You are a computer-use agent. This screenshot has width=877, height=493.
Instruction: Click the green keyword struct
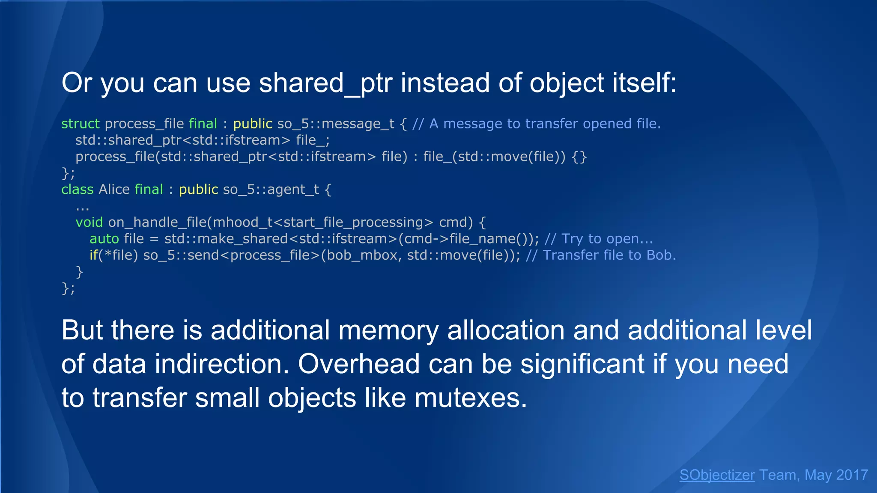pyautogui.click(x=80, y=124)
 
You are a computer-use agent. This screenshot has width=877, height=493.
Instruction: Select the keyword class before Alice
pyautogui.click(x=77, y=189)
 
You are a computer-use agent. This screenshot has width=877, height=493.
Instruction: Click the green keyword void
pyautogui.click(x=89, y=222)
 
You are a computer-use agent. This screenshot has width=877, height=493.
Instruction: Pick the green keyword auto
pyautogui.click(x=104, y=238)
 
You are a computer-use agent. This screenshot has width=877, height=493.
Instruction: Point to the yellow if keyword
pyautogui.click(x=93, y=255)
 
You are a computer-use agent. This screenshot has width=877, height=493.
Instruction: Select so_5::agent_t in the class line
pyautogui.click(x=271, y=189)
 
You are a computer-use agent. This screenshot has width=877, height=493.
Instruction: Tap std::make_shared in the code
pyautogui.click(x=226, y=238)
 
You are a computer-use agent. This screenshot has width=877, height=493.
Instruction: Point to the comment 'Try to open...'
pyautogui.click(x=599, y=238)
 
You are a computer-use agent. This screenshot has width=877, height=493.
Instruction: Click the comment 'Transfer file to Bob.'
pyautogui.click(x=601, y=255)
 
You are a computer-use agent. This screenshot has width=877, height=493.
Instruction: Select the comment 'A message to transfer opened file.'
pyautogui.click(x=537, y=124)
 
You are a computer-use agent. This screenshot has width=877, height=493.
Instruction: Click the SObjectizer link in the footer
pyautogui.click(x=717, y=475)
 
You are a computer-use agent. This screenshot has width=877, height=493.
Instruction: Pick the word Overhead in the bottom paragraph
pyautogui.click(x=358, y=364)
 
